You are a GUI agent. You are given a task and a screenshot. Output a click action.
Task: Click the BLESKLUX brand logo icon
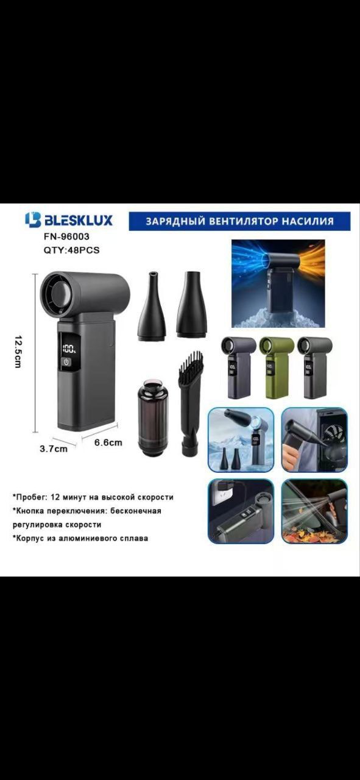point(33,220)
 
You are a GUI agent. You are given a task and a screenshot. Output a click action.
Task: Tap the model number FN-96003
point(66,236)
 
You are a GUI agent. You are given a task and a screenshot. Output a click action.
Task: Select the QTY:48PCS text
point(71,250)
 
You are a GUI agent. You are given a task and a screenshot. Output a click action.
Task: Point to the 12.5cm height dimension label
point(18,352)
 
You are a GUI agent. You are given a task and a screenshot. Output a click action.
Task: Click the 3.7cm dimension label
point(54,449)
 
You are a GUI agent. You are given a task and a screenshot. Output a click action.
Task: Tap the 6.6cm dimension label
point(108,442)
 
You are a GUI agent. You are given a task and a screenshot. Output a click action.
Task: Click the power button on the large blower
point(67,362)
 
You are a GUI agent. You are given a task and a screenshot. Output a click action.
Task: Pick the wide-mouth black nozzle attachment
point(191,305)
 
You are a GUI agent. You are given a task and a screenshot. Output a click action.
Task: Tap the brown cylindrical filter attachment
point(152,416)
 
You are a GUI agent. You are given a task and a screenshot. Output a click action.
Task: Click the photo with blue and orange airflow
point(278,283)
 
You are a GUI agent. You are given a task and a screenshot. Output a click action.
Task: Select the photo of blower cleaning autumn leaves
point(314,511)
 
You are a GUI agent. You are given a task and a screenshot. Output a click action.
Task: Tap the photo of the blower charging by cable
point(241,511)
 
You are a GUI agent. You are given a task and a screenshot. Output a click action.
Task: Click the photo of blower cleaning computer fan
point(314,440)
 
